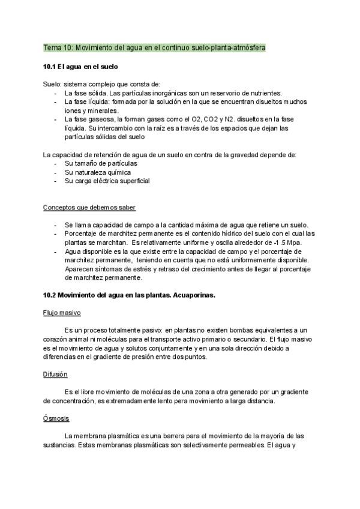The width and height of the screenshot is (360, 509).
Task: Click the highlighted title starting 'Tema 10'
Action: [155, 47]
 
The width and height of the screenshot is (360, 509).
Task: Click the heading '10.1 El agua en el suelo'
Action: [80, 66]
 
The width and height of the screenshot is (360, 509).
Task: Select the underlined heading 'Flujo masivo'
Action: [62, 313]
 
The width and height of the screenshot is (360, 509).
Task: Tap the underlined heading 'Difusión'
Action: [55, 375]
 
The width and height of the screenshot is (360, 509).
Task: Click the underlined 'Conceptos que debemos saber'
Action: [89, 208]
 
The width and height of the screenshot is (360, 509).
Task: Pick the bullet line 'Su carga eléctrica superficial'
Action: [107, 181]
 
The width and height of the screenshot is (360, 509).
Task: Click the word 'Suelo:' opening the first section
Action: [53, 85]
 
